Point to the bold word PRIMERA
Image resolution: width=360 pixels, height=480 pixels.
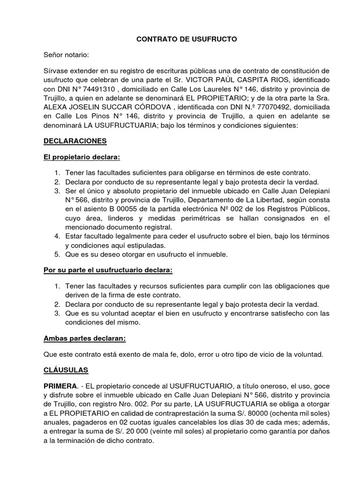(x=60, y=386)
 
